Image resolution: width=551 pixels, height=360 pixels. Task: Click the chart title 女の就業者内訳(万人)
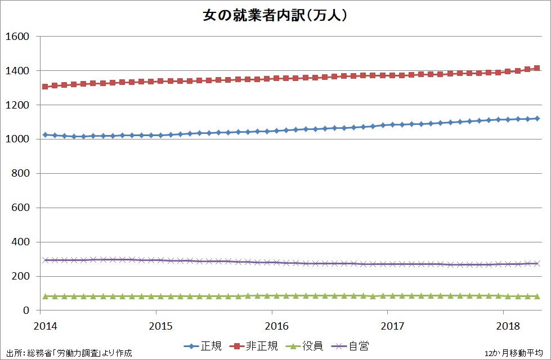point(275,15)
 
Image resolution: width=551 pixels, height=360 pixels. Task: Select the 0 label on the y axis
point(26,310)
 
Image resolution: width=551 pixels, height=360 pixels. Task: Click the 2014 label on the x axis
point(44,326)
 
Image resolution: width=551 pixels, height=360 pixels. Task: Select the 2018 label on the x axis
point(508,326)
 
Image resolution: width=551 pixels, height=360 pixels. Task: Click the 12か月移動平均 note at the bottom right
point(513,353)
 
